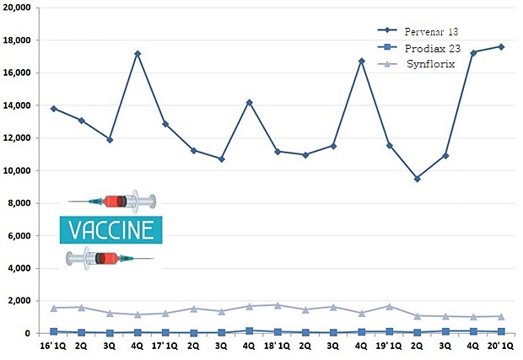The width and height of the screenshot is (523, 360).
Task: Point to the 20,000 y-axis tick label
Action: [x=18, y=8]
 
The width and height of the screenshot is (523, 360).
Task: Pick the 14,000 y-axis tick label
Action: [x=18, y=105]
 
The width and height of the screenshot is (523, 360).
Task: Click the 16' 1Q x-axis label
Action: [x=52, y=346]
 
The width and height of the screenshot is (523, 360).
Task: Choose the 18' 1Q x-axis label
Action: [x=277, y=346]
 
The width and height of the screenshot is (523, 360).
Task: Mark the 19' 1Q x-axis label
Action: [x=389, y=346]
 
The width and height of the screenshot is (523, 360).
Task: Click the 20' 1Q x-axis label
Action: [x=501, y=346]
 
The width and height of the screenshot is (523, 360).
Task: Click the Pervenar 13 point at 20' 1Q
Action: [x=501, y=46]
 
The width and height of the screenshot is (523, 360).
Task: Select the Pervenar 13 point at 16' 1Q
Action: [x=53, y=108]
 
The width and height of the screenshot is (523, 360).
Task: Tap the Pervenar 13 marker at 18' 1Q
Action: [x=277, y=152]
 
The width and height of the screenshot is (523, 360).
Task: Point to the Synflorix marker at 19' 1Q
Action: [x=389, y=306]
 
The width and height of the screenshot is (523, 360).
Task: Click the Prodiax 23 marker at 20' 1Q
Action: [x=501, y=331]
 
